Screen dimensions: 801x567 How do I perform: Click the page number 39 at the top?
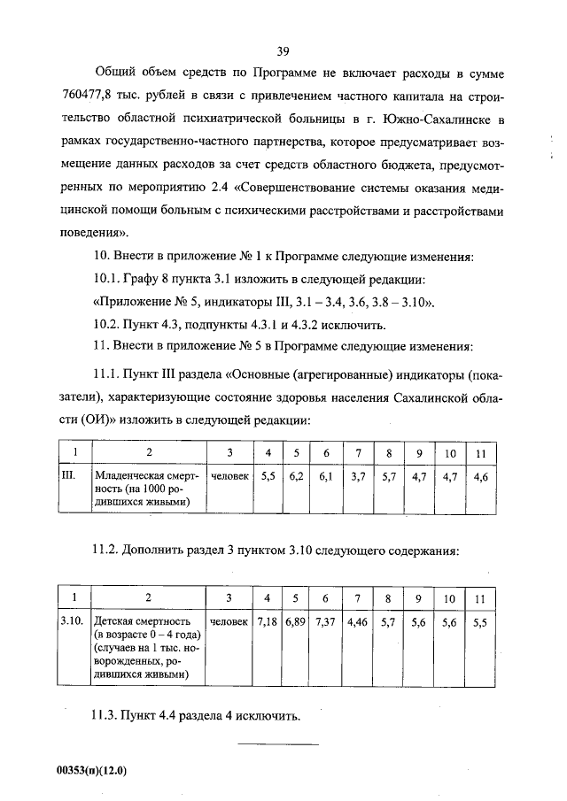point(283,51)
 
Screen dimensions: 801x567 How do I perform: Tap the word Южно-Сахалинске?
point(433,119)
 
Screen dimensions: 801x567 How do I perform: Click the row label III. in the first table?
point(68,476)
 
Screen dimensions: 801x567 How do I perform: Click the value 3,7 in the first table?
point(358,476)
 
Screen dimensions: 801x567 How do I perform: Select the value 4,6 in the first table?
point(481,476)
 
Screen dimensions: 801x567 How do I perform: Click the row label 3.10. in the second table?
point(72,622)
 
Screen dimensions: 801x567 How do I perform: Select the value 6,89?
point(296,622)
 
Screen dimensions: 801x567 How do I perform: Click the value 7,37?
point(326,622)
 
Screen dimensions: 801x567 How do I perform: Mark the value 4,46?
point(358,622)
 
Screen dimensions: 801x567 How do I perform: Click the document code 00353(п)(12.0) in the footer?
point(92,770)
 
